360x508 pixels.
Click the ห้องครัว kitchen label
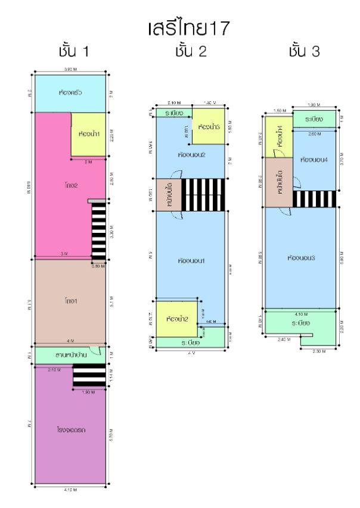tap(71, 93)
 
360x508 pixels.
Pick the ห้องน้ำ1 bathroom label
tap(89, 133)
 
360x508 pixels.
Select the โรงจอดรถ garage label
tap(71, 428)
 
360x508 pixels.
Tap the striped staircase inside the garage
tap(89, 375)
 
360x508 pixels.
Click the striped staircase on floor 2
tap(203, 194)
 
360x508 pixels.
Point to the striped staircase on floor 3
tap(314, 198)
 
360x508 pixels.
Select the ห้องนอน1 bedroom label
tap(191, 261)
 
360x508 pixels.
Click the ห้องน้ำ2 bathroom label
tap(177, 319)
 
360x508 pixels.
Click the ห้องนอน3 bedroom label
tap(300, 258)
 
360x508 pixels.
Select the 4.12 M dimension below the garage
tap(71, 490)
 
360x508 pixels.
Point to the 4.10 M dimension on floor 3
tap(300, 314)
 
